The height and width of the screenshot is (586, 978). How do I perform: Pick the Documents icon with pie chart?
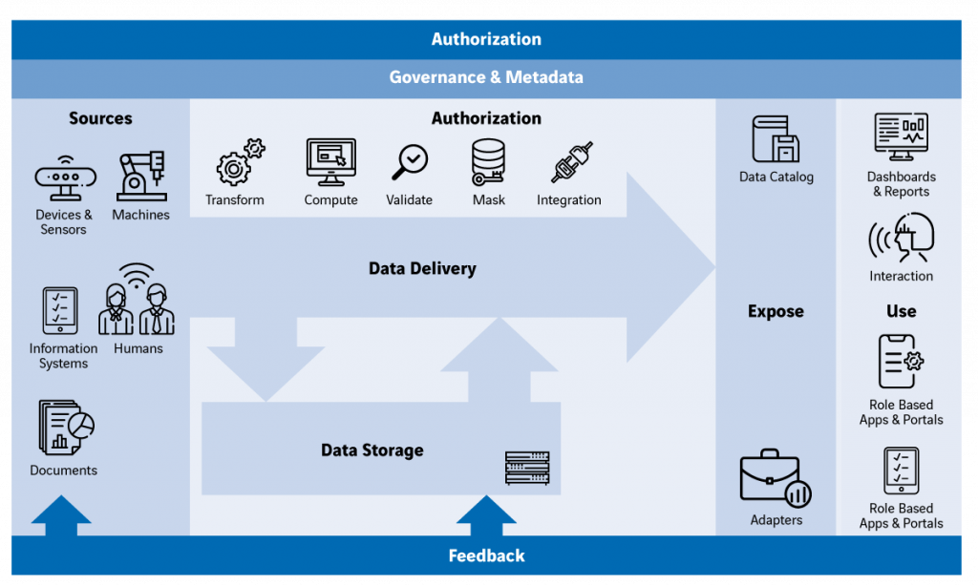[65, 427]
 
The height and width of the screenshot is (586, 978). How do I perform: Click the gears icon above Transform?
[238, 162]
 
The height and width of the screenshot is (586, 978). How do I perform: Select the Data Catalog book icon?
[776, 140]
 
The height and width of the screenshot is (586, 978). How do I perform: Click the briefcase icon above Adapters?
[776, 479]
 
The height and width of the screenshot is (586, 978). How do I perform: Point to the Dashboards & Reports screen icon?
[901, 138]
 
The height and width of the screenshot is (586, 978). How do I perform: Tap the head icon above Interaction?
[901, 238]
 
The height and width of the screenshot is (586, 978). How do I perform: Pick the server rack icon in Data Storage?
[527, 468]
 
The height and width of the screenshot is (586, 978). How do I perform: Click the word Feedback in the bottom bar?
[486, 555]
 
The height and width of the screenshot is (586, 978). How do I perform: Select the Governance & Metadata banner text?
[486, 77]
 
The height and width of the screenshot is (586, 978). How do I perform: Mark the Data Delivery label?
[422, 269]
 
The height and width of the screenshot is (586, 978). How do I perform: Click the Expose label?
[776, 312]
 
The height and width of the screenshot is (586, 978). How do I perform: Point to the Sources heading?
[100, 118]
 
